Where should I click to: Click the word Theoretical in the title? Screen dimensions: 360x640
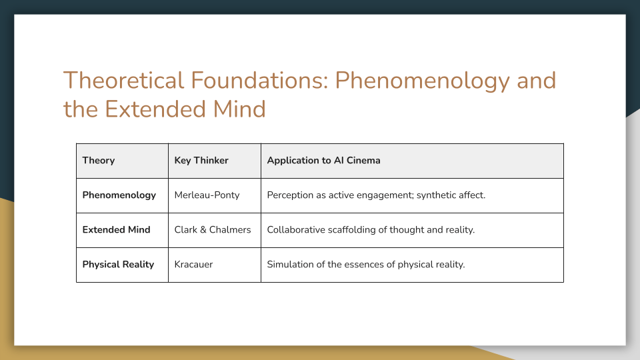pos(123,81)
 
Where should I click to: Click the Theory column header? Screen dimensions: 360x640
pos(99,161)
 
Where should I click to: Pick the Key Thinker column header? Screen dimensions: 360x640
pos(201,161)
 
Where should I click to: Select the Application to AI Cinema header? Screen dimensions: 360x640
pos(323,161)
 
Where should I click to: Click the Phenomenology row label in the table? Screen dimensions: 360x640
pos(119,195)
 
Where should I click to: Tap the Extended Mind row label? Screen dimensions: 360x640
pos(117,230)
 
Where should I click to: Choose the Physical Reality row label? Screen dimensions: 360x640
pos(118,265)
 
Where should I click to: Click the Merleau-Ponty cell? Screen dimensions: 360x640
pos(207,195)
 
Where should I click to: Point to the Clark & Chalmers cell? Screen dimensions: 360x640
pos(213,230)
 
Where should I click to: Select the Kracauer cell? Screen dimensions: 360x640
pos(195,265)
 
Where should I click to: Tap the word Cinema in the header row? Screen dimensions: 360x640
pos(363,161)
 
